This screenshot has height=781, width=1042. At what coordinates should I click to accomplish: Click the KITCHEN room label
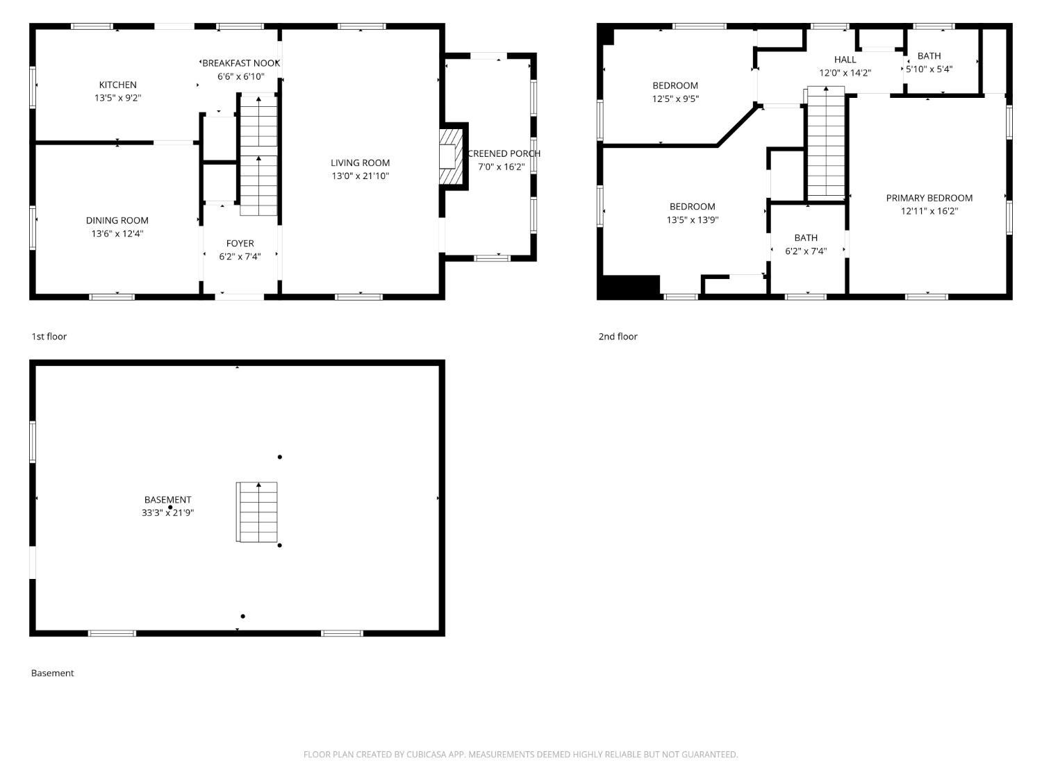(x=117, y=85)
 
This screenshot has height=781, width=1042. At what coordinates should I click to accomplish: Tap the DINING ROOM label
(x=117, y=220)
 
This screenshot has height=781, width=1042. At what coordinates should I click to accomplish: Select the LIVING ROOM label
(x=360, y=162)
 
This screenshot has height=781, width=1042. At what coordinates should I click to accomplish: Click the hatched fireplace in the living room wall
(x=451, y=156)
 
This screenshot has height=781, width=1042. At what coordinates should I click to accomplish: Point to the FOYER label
(x=240, y=243)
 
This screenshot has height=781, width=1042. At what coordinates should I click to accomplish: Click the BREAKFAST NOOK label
(x=240, y=63)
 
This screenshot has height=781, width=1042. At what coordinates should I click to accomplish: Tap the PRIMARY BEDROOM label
(x=929, y=198)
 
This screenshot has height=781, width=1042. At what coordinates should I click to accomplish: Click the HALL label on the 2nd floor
(x=845, y=60)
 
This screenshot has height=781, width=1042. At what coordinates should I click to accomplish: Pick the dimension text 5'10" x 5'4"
(x=929, y=69)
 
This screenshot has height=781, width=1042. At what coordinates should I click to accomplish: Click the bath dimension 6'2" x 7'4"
(x=806, y=251)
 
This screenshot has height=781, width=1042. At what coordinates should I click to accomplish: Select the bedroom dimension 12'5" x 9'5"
(x=675, y=99)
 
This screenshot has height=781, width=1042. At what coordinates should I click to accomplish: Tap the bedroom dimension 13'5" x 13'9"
(x=692, y=220)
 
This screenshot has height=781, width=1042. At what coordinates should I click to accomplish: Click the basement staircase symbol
(x=257, y=512)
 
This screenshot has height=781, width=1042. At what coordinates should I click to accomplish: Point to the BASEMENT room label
(x=167, y=499)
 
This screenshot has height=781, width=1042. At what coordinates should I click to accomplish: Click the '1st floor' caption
(x=49, y=336)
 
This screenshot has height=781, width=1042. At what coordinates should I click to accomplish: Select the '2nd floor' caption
(x=618, y=336)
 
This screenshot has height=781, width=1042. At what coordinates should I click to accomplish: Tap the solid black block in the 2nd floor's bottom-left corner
(x=629, y=287)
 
